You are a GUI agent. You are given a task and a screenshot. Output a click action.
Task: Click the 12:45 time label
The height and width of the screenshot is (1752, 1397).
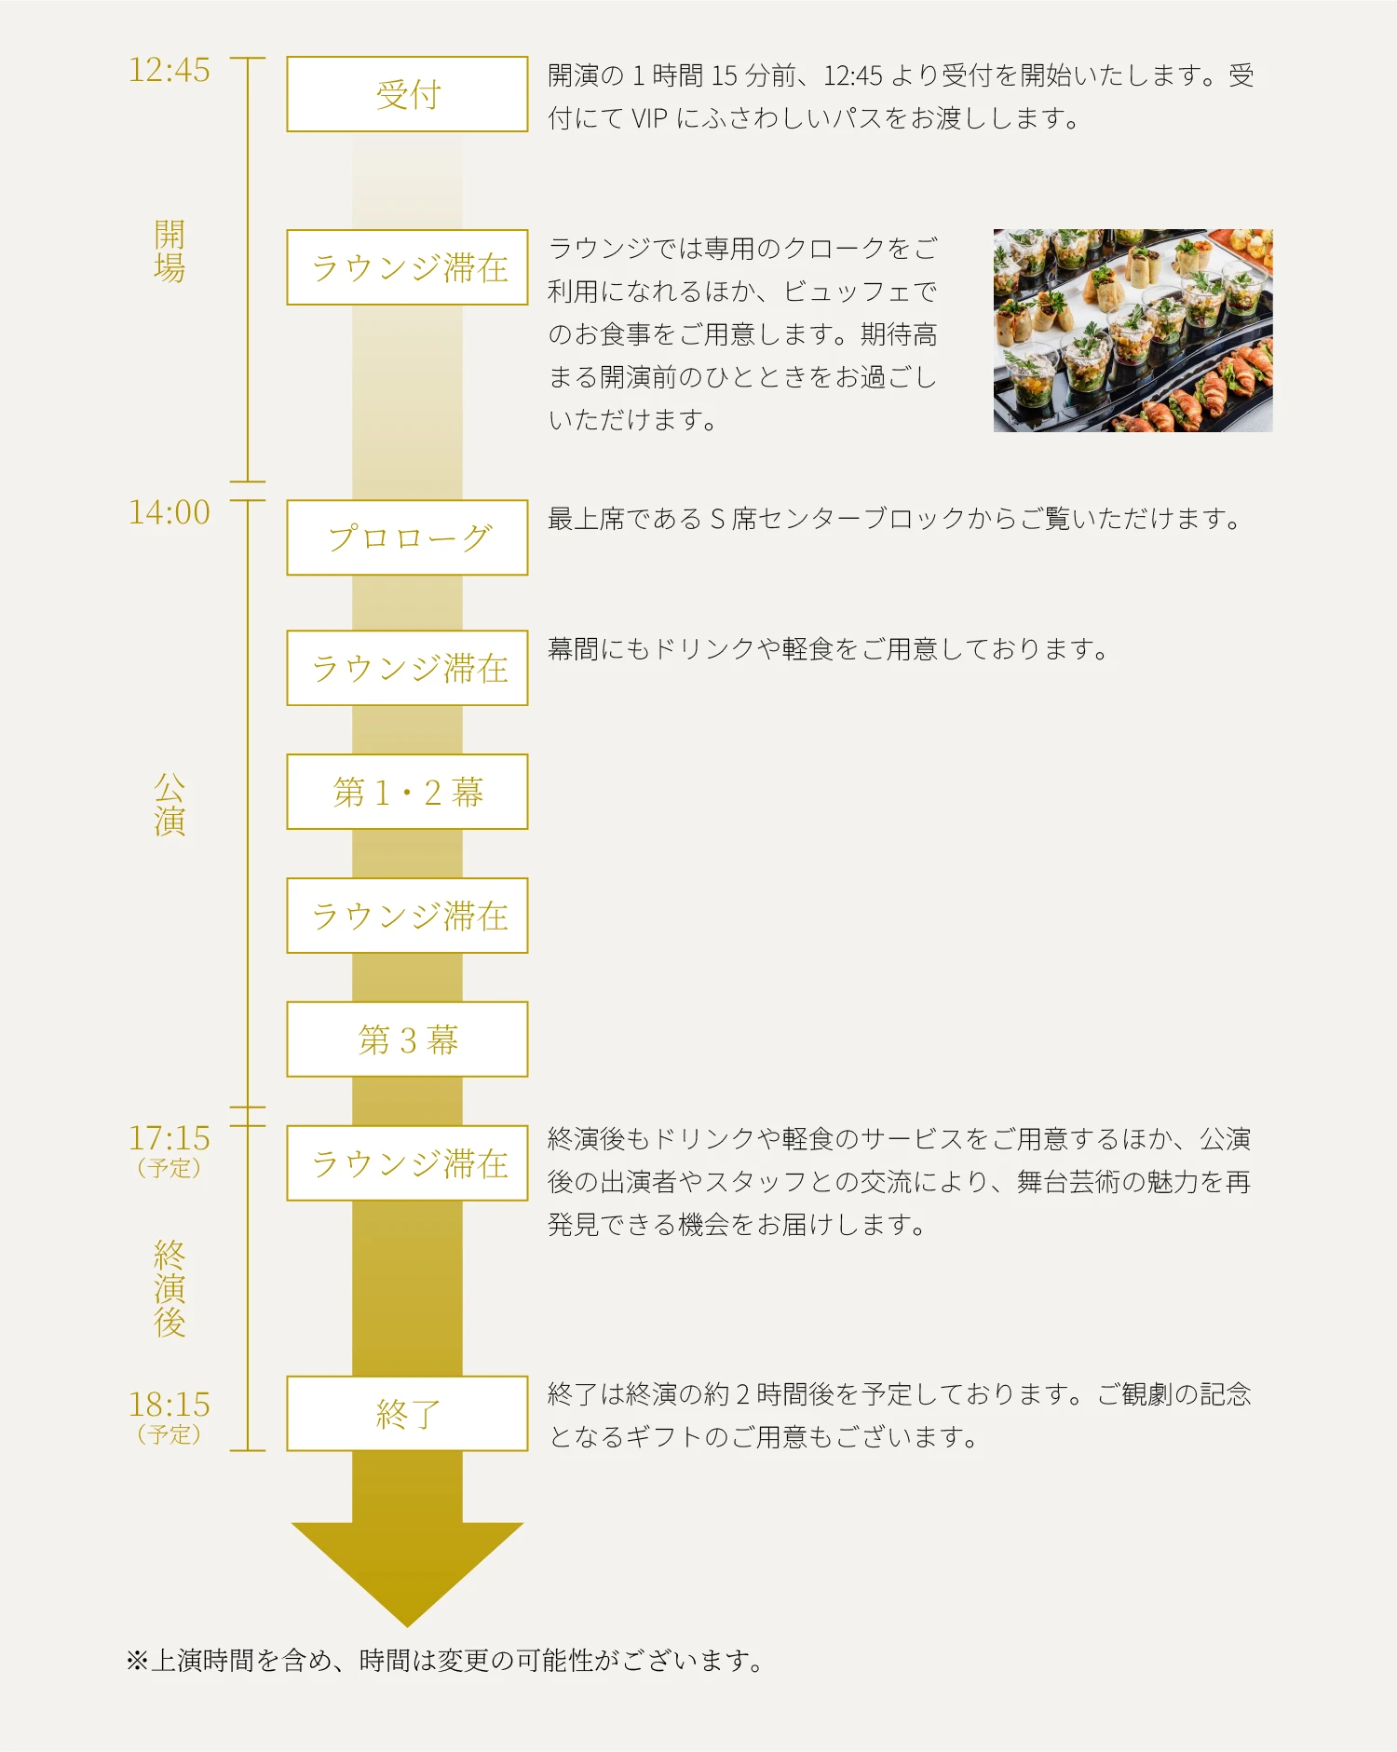click(x=170, y=71)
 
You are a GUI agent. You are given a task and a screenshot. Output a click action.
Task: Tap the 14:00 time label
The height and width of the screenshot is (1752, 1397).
click(x=170, y=512)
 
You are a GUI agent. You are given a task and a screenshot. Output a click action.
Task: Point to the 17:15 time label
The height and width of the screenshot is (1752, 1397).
click(x=170, y=1138)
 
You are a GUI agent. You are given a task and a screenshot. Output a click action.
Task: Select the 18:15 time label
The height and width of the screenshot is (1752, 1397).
click(x=170, y=1405)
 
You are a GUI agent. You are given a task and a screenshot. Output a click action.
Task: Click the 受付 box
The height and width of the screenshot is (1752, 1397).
click(x=407, y=94)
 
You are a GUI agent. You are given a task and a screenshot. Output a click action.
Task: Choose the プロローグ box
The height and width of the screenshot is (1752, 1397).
click(x=407, y=537)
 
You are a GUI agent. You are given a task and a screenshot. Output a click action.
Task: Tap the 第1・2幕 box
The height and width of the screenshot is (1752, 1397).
click(x=407, y=792)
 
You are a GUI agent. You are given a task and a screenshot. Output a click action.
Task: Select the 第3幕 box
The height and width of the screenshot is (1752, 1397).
click(x=407, y=1039)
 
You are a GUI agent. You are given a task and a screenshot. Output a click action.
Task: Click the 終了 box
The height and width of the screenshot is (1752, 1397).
click(x=407, y=1413)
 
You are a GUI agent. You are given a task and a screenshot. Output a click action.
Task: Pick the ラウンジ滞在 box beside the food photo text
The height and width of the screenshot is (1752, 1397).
click(x=407, y=267)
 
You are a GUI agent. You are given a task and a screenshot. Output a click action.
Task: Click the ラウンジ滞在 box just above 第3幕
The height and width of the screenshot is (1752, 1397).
click(x=407, y=916)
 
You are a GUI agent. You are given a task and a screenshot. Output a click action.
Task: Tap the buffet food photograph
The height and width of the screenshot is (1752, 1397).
click(x=1133, y=331)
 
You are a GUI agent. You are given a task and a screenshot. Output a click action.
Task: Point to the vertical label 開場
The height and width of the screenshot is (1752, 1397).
click(x=170, y=251)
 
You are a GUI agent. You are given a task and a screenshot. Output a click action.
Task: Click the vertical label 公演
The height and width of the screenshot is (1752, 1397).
click(x=170, y=805)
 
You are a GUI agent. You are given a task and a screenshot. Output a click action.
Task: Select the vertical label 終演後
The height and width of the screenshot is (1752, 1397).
click(x=170, y=1288)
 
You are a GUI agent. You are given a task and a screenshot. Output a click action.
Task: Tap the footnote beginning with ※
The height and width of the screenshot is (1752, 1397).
click(x=444, y=1660)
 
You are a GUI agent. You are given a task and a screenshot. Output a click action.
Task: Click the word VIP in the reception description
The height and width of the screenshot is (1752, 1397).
click(x=649, y=118)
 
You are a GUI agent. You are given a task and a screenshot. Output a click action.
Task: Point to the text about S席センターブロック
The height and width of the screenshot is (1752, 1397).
click(x=894, y=519)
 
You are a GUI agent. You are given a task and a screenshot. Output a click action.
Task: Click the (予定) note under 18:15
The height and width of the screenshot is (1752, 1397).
click(x=170, y=1434)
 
